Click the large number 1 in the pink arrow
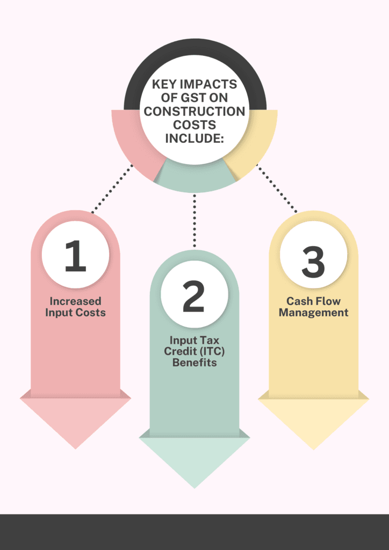point(75,256)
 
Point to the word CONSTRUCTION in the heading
point(194,112)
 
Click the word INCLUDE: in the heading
point(195,138)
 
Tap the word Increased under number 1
point(75,301)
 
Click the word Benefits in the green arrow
point(194,363)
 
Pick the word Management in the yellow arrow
point(313,312)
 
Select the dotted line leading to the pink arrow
point(112,189)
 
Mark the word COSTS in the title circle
point(195,125)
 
